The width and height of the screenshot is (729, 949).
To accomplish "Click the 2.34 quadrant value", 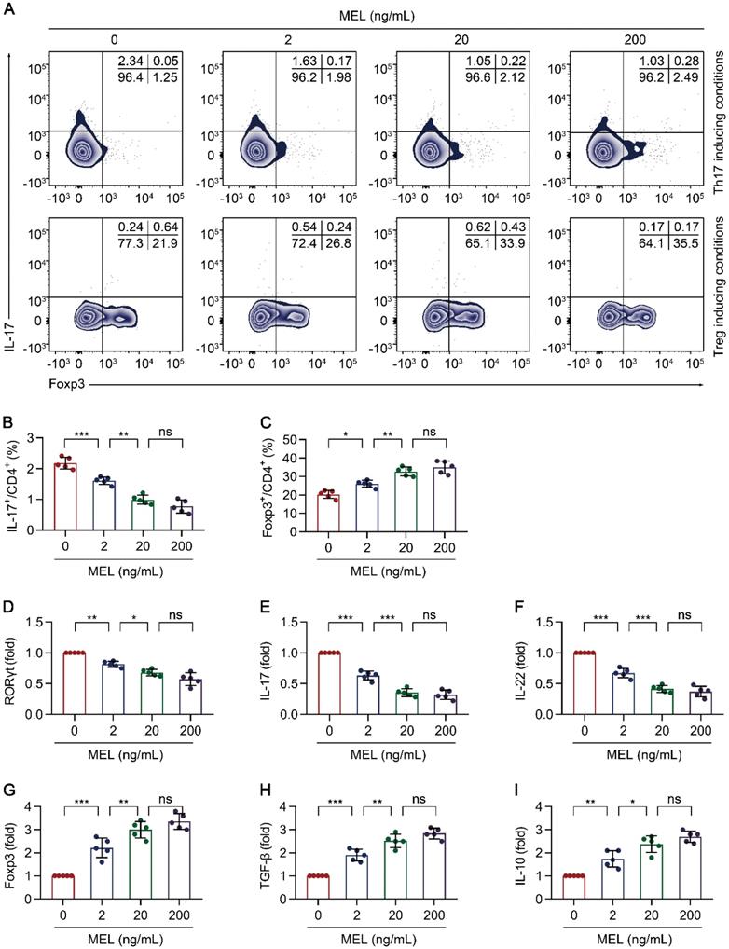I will click(130, 62).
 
